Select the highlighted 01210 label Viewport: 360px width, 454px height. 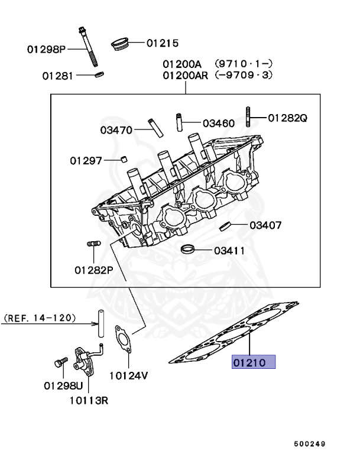click(x=254, y=362)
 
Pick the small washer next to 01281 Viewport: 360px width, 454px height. click(x=99, y=74)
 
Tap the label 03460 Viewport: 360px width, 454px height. click(x=218, y=124)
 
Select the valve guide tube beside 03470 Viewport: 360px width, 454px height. click(x=155, y=127)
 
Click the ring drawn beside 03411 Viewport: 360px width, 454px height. click(x=188, y=249)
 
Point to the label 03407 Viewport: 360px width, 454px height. click(x=265, y=225)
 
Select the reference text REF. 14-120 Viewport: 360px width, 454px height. click(x=40, y=318)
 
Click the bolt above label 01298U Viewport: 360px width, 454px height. click(x=60, y=364)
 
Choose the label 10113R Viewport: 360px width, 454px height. click(x=89, y=400)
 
